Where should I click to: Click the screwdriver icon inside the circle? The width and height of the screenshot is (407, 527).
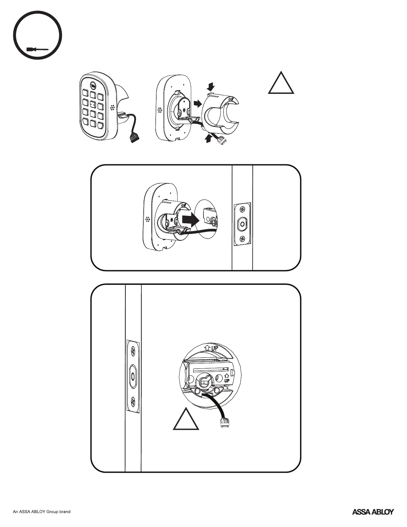click(x=38, y=50)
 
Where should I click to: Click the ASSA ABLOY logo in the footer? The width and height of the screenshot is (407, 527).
click(x=373, y=521)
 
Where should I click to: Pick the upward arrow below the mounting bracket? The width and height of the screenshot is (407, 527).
click(x=208, y=138)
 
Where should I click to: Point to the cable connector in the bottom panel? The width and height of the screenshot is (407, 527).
click(x=223, y=423)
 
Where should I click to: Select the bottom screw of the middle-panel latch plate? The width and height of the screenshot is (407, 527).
click(x=242, y=239)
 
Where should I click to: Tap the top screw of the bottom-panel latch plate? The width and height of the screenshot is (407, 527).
click(x=133, y=351)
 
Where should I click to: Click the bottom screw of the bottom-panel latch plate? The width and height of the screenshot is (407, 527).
click(x=133, y=400)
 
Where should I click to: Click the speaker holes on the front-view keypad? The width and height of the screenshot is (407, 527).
click(x=112, y=108)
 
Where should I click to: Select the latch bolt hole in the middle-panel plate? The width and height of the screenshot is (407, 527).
click(x=242, y=224)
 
